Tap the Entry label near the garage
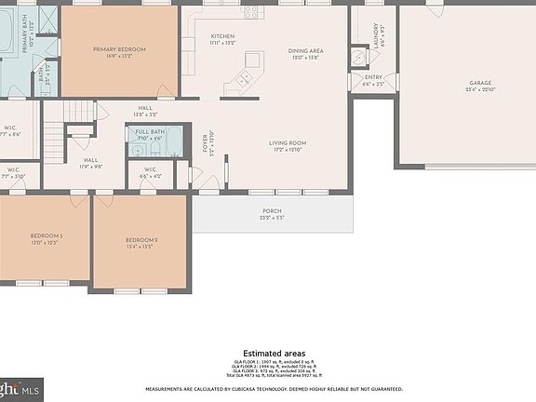point(373,80)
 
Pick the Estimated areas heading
point(274,354)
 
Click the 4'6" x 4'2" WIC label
point(150,173)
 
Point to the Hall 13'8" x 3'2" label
point(146,111)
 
